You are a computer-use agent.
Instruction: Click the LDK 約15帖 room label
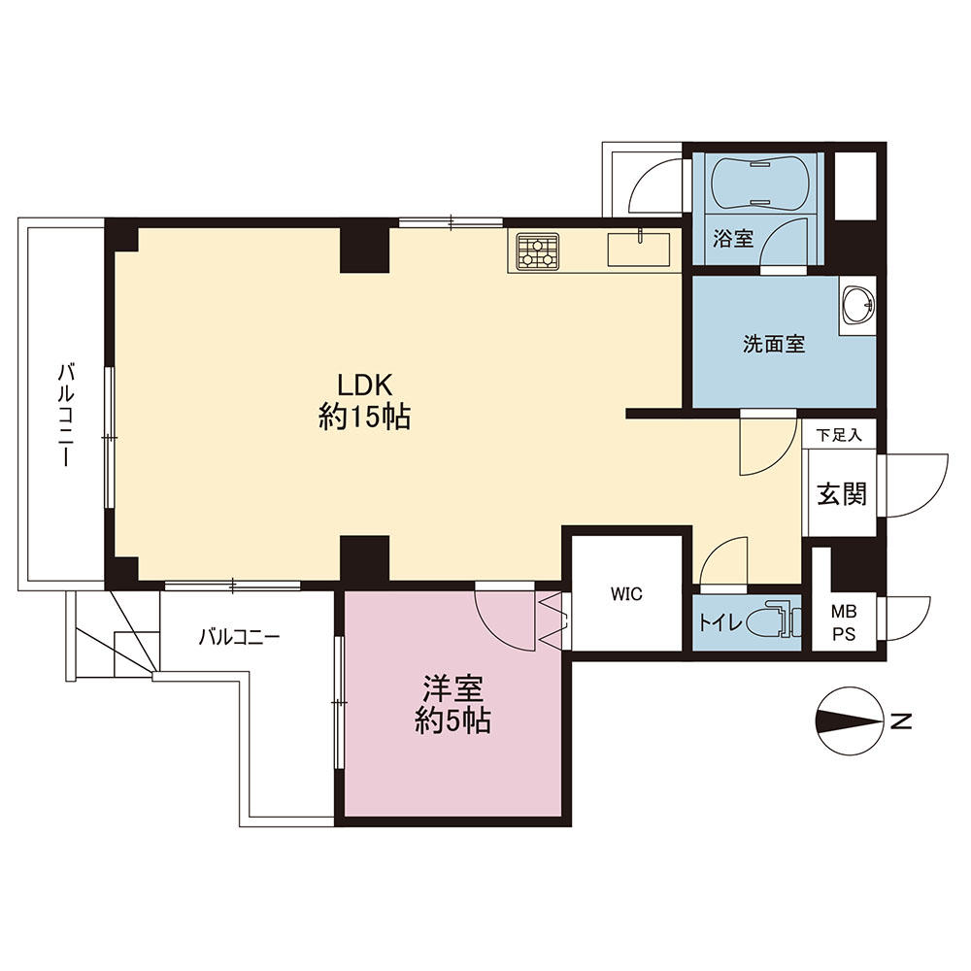(x=364, y=401)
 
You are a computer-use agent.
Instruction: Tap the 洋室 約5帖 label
(x=452, y=704)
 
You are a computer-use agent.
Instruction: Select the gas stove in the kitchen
(x=538, y=251)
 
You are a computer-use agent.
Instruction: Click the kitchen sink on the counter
(x=639, y=249)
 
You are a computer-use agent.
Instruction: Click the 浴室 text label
(x=732, y=238)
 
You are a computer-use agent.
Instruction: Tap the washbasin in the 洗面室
(x=857, y=304)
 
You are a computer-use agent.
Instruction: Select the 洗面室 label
(x=774, y=344)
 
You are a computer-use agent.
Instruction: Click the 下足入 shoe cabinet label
(x=839, y=435)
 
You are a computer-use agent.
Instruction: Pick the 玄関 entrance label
(x=841, y=493)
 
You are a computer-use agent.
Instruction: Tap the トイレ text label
(x=720, y=622)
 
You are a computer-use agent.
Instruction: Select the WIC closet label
(x=626, y=594)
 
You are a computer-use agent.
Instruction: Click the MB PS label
(x=844, y=624)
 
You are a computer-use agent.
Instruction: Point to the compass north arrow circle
(x=850, y=720)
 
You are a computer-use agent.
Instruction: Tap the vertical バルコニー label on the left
(x=66, y=415)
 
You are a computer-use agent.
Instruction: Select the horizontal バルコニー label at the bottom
(x=240, y=637)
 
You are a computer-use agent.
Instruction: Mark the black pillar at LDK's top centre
(x=365, y=250)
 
